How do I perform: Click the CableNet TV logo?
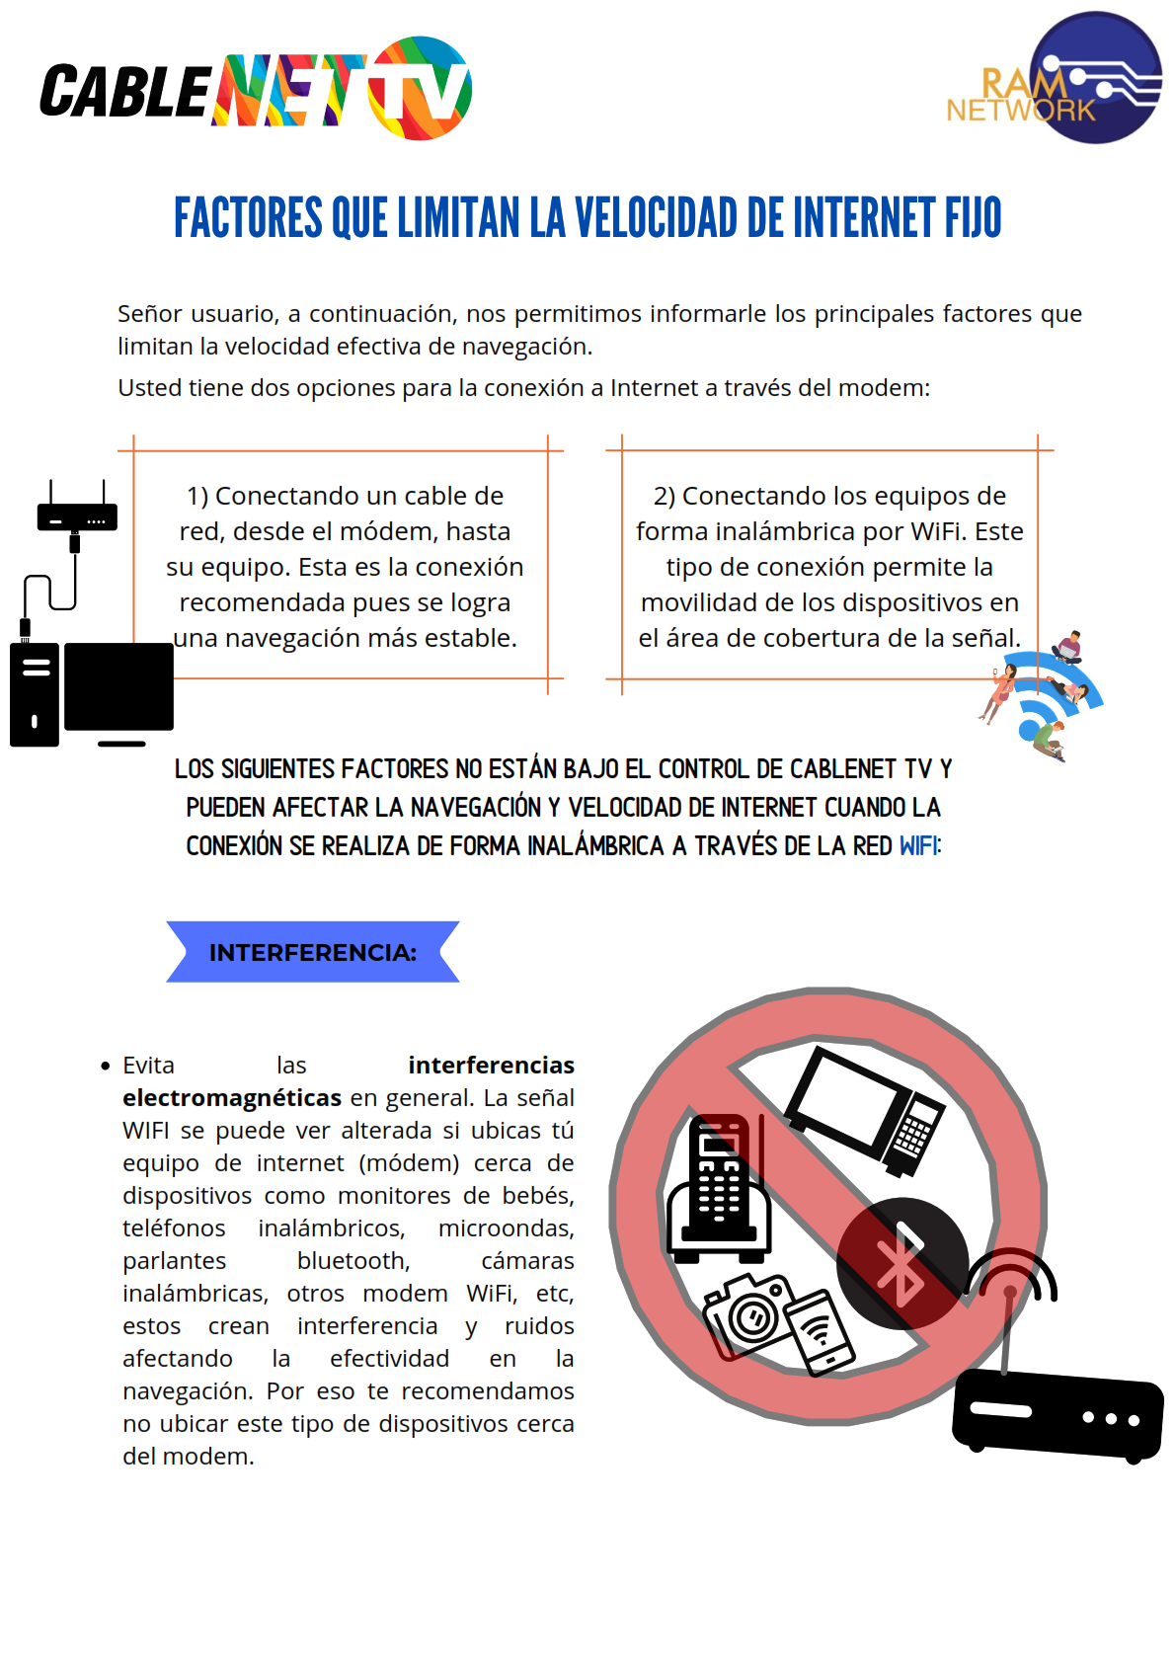pyautogui.click(x=256, y=89)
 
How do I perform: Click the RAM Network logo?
pyautogui.click(x=1054, y=77)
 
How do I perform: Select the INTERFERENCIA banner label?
pyautogui.click(x=312, y=953)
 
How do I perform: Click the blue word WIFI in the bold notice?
pyautogui.click(x=918, y=846)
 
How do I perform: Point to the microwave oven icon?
pyautogui.click(x=864, y=1110)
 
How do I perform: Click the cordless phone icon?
pyautogui.click(x=719, y=1189)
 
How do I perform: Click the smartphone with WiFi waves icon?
pyautogui.click(x=820, y=1333)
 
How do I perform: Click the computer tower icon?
pyautogui.click(x=35, y=694)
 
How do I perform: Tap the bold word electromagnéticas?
pyautogui.click(x=232, y=1097)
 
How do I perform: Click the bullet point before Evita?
pyautogui.click(x=105, y=1067)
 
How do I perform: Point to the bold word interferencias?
pyautogui.click(x=492, y=1065)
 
